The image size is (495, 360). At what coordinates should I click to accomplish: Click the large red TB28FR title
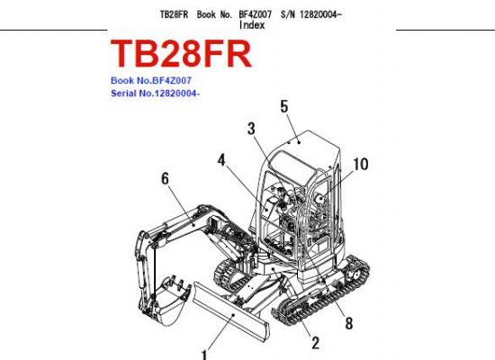tap(181, 54)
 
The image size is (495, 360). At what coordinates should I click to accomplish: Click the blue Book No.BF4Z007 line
tap(151, 80)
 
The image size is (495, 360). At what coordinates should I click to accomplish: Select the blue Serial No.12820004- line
tap(155, 94)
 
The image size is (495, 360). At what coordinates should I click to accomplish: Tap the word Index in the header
tap(252, 25)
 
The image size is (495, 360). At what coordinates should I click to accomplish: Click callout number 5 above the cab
tap(284, 106)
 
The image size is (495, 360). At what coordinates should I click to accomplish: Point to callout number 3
tap(251, 129)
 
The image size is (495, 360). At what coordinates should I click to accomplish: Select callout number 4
tap(221, 160)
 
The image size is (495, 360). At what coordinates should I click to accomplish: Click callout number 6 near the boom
tap(165, 179)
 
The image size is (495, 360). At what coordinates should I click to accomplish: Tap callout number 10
tap(361, 164)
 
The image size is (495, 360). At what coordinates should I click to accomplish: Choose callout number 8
tap(349, 323)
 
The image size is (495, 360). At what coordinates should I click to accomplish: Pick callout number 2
tap(315, 343)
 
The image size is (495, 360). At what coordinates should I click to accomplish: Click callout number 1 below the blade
tap(204, 355)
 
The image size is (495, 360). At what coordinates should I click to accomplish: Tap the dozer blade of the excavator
tap(231, 311)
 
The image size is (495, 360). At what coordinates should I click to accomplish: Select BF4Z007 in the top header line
tap(255, 14)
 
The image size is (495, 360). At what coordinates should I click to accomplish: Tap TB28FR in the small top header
tap(174, 14)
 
